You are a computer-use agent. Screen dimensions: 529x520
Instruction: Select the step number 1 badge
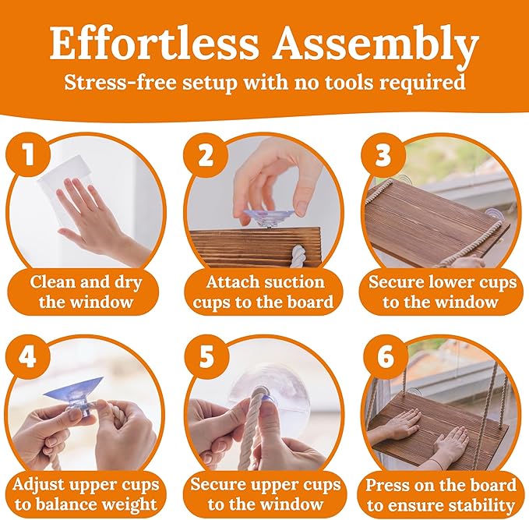click(x=29, y=154)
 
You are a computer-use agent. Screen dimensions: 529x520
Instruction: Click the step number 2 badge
click(x=204, y=155)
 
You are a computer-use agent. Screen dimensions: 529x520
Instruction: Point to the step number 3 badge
click(x=382, y=155)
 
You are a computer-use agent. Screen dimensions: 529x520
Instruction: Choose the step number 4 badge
click(x=29, y=356)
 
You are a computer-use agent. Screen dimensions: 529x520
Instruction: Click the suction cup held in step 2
click(x=269, y=217)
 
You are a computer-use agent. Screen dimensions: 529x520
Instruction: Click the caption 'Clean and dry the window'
click(x=86, y=292)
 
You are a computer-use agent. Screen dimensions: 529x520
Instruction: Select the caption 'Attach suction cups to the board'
click(x=263, y=292)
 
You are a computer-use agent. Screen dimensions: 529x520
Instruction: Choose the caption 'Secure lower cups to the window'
click(x=443, y=292)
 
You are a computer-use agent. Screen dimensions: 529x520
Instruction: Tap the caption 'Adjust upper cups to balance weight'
click(x=86, y=495)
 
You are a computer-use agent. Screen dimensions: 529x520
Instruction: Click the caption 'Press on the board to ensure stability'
click(x=441, y=495)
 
